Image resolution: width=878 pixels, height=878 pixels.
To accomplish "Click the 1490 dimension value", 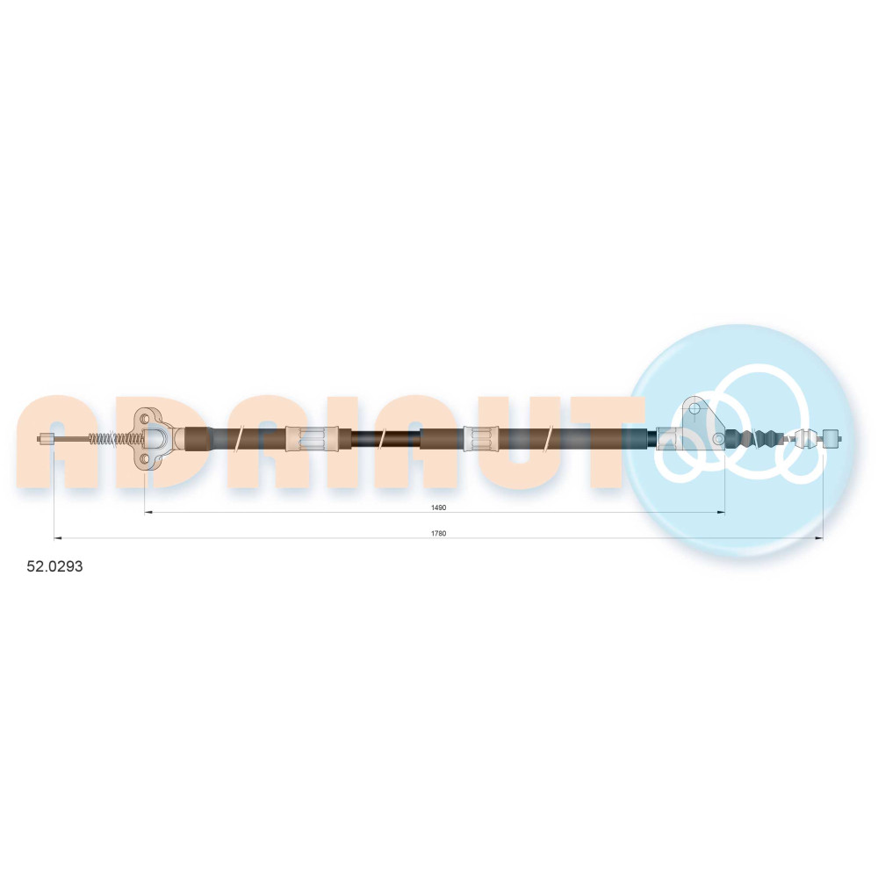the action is point(438,507).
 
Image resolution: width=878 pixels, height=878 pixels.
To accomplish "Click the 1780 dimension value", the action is point(438,533).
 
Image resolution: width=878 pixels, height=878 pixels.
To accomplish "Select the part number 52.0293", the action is point(54,566).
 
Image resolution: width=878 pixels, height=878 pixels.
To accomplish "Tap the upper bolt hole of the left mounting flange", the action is point(145,418).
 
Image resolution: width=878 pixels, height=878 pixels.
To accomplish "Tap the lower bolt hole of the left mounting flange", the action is point(145,460).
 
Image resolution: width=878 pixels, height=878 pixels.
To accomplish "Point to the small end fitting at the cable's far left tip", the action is point(46,439).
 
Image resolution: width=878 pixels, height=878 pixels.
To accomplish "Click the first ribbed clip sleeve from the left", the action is point(312,438).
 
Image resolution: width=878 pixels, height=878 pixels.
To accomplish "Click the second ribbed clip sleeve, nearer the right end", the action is point(481,438).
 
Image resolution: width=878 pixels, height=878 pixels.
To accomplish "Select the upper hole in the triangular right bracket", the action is point(694,408).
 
